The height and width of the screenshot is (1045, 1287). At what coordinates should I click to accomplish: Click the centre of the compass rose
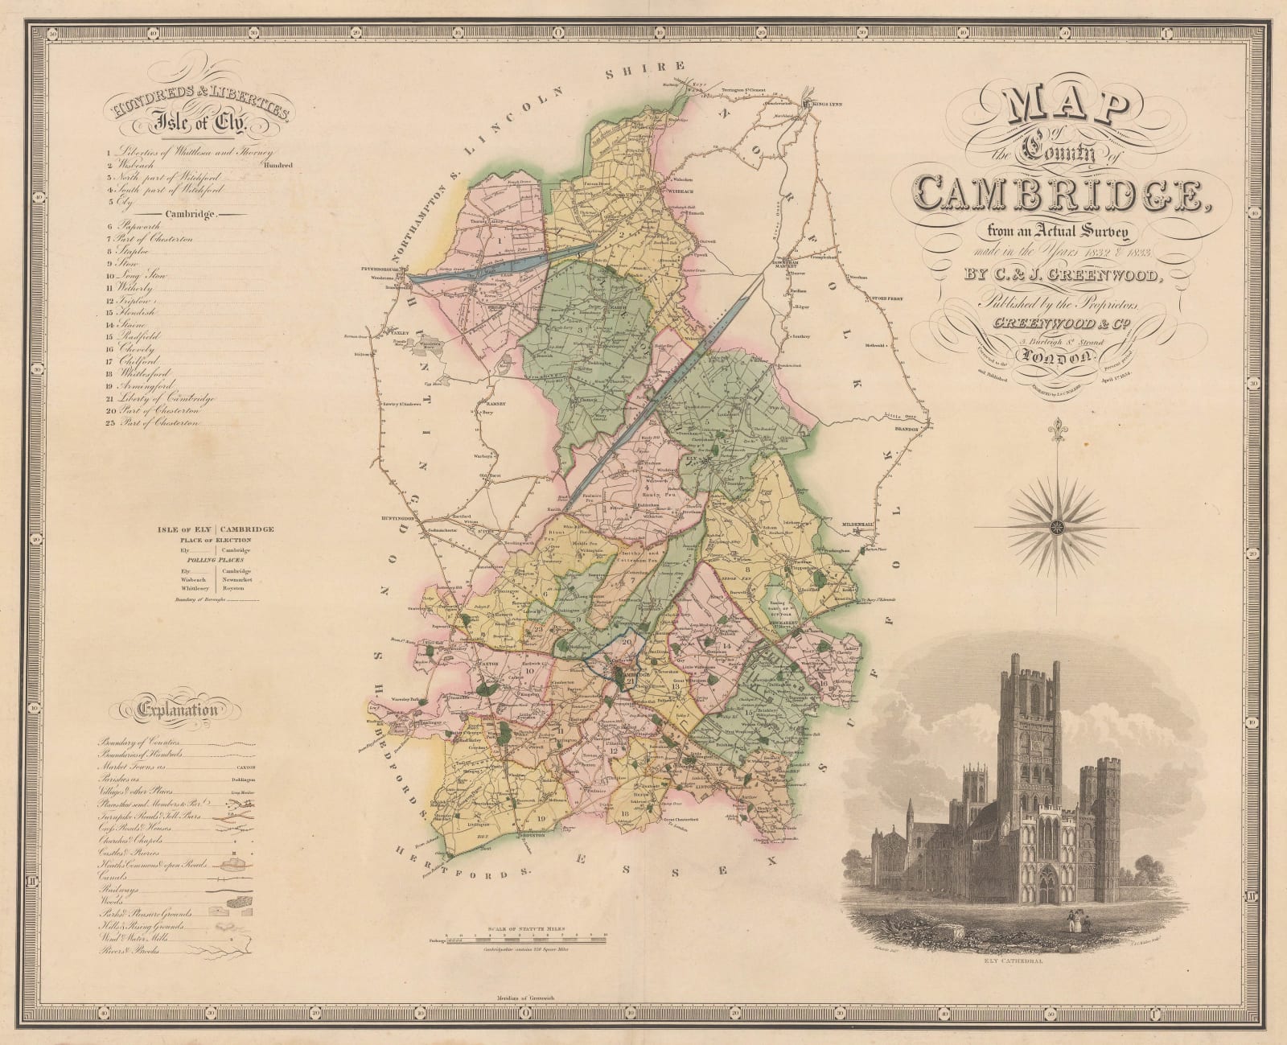[x=1055, y=527]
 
